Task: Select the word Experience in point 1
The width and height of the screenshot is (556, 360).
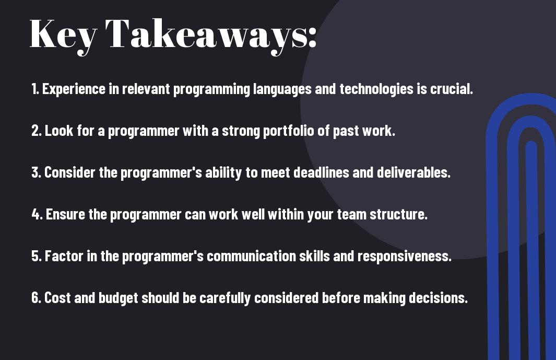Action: (74, 89)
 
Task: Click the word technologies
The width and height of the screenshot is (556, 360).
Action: (376, 89)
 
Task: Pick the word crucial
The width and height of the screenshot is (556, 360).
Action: (452, 89)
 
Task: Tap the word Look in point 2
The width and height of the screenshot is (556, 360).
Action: (59, 131)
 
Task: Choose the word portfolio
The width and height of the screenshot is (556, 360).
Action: (289, 131)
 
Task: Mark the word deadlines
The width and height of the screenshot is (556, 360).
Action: (321, 172)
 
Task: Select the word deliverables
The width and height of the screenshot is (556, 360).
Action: (413, 172)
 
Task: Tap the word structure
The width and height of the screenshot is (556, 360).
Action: (398, 214)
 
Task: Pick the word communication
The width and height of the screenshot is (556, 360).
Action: (252, 256)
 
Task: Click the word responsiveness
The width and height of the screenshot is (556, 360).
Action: (405, 257)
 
